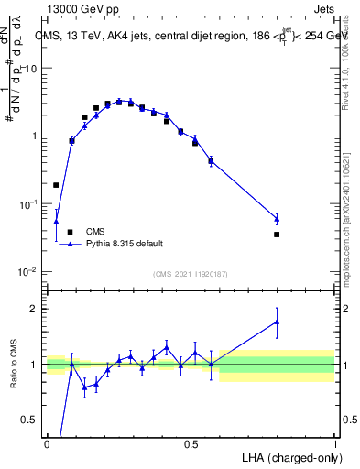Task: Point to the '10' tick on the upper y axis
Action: tap(31, 69)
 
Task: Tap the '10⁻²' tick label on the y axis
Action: tap(29, 271)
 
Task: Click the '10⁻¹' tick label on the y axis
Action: tap(29, 203)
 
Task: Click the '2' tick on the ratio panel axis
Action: tap(35, 309)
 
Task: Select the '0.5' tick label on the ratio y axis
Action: tap(29, 420)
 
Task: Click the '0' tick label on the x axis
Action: tap(47, 443)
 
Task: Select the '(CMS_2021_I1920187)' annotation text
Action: tap(190, 273)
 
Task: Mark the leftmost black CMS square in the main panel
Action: tap(56, 185)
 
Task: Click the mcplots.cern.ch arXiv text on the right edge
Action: tap(353, 293)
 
